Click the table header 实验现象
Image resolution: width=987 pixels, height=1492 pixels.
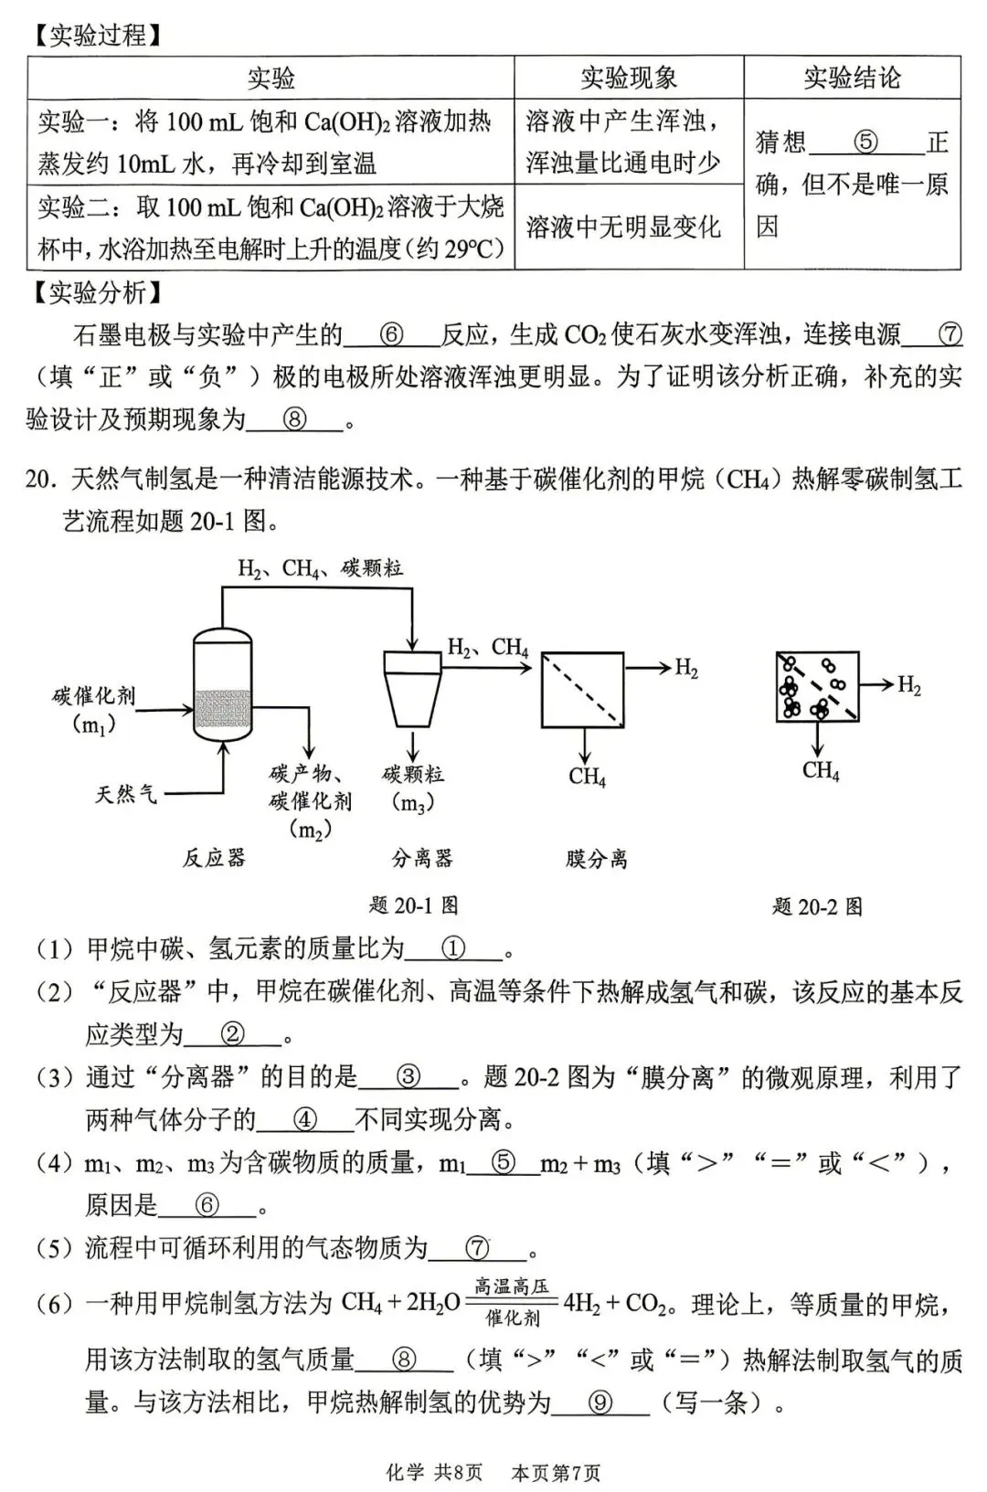coord(629,78)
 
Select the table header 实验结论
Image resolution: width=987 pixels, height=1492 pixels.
coord(852,78)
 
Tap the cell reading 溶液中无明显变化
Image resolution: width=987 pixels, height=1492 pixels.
coord(623,227)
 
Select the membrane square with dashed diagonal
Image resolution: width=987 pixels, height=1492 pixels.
coord(583,690)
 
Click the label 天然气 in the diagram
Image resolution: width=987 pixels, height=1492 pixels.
coord(126,793)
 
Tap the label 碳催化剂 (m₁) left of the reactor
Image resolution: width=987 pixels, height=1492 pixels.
coord(94,709)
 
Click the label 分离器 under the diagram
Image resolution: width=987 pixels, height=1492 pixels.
coord(421,858)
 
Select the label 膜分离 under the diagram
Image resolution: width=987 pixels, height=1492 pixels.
coord(596,858)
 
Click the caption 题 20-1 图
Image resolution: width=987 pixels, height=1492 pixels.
coord(413,905)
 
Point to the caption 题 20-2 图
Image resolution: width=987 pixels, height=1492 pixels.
coord(817,905)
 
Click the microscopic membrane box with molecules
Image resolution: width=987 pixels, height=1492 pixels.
coord(817,686)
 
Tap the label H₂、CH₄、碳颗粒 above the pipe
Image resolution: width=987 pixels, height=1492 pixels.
coord(320,568)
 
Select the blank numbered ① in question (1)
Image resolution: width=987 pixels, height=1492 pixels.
coord(453,949)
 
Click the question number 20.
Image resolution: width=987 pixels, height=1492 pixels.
coord(40,479)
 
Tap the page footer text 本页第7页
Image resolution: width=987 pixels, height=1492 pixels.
coord(556,1473)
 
